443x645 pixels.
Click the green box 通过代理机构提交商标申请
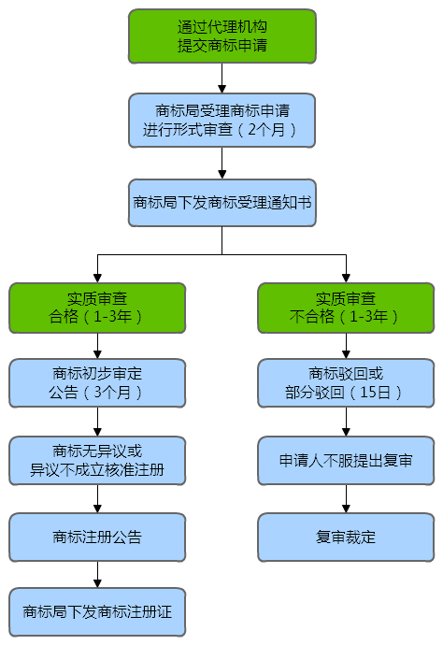click(221, 36)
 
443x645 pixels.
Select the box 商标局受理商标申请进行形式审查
click(221, 120)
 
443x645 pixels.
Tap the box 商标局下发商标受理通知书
click(221, 202)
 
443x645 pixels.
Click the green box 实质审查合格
click(97, 308)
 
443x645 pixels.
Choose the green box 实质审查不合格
click(345, 308)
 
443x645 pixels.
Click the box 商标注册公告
click(97, 537)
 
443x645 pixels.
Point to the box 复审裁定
click(345, 537)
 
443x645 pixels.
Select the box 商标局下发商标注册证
click(97, 612)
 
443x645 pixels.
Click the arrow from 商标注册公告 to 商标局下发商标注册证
click(97, 575)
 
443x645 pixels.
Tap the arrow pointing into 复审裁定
click(345, 499)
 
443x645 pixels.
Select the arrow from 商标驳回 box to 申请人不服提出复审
click(345, 423)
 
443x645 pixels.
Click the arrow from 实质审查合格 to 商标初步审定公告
click(97, 346)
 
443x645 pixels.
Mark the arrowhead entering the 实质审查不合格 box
click(345, 278)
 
